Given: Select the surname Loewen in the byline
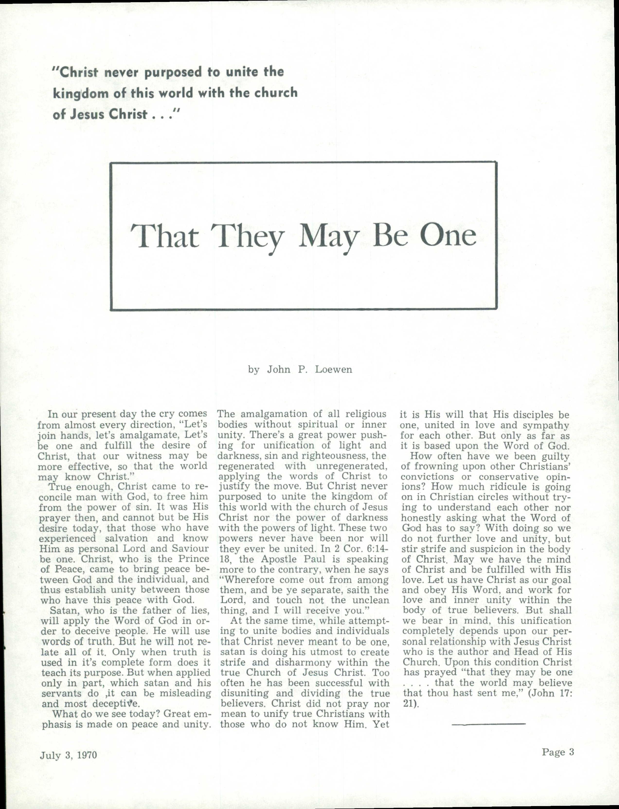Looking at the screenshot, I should click(x=333, y=370).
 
